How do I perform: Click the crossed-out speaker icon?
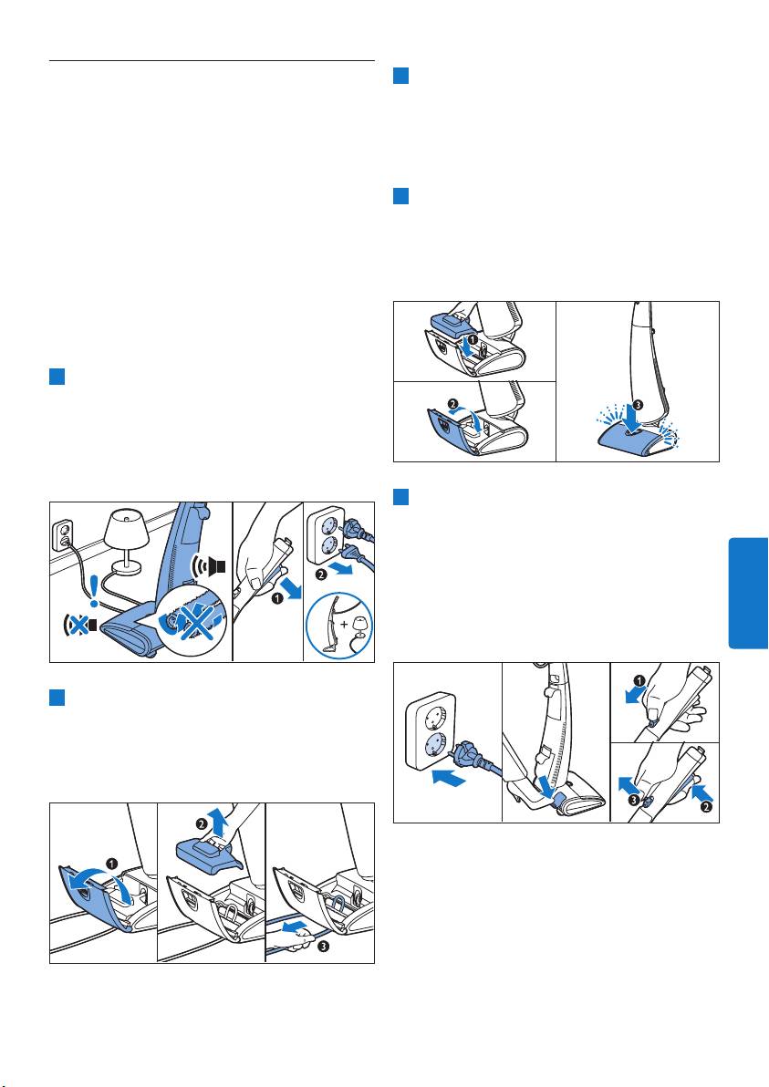[x=78, y=625]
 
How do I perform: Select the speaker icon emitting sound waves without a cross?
[x=211, y=566]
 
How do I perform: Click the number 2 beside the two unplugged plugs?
[x=320, y=574]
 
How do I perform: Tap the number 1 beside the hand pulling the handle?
[x=276, y=599]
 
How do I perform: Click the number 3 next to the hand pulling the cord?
[x=322, y=947]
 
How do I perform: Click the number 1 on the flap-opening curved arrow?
[x=111, y=864]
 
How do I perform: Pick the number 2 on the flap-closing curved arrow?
[x=453, y=404]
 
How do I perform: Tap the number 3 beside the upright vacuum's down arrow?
[x=638, y=404]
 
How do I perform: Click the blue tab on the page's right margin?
[x=748, y=593]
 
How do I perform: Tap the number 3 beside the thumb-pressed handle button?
[x=632, y=801]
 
